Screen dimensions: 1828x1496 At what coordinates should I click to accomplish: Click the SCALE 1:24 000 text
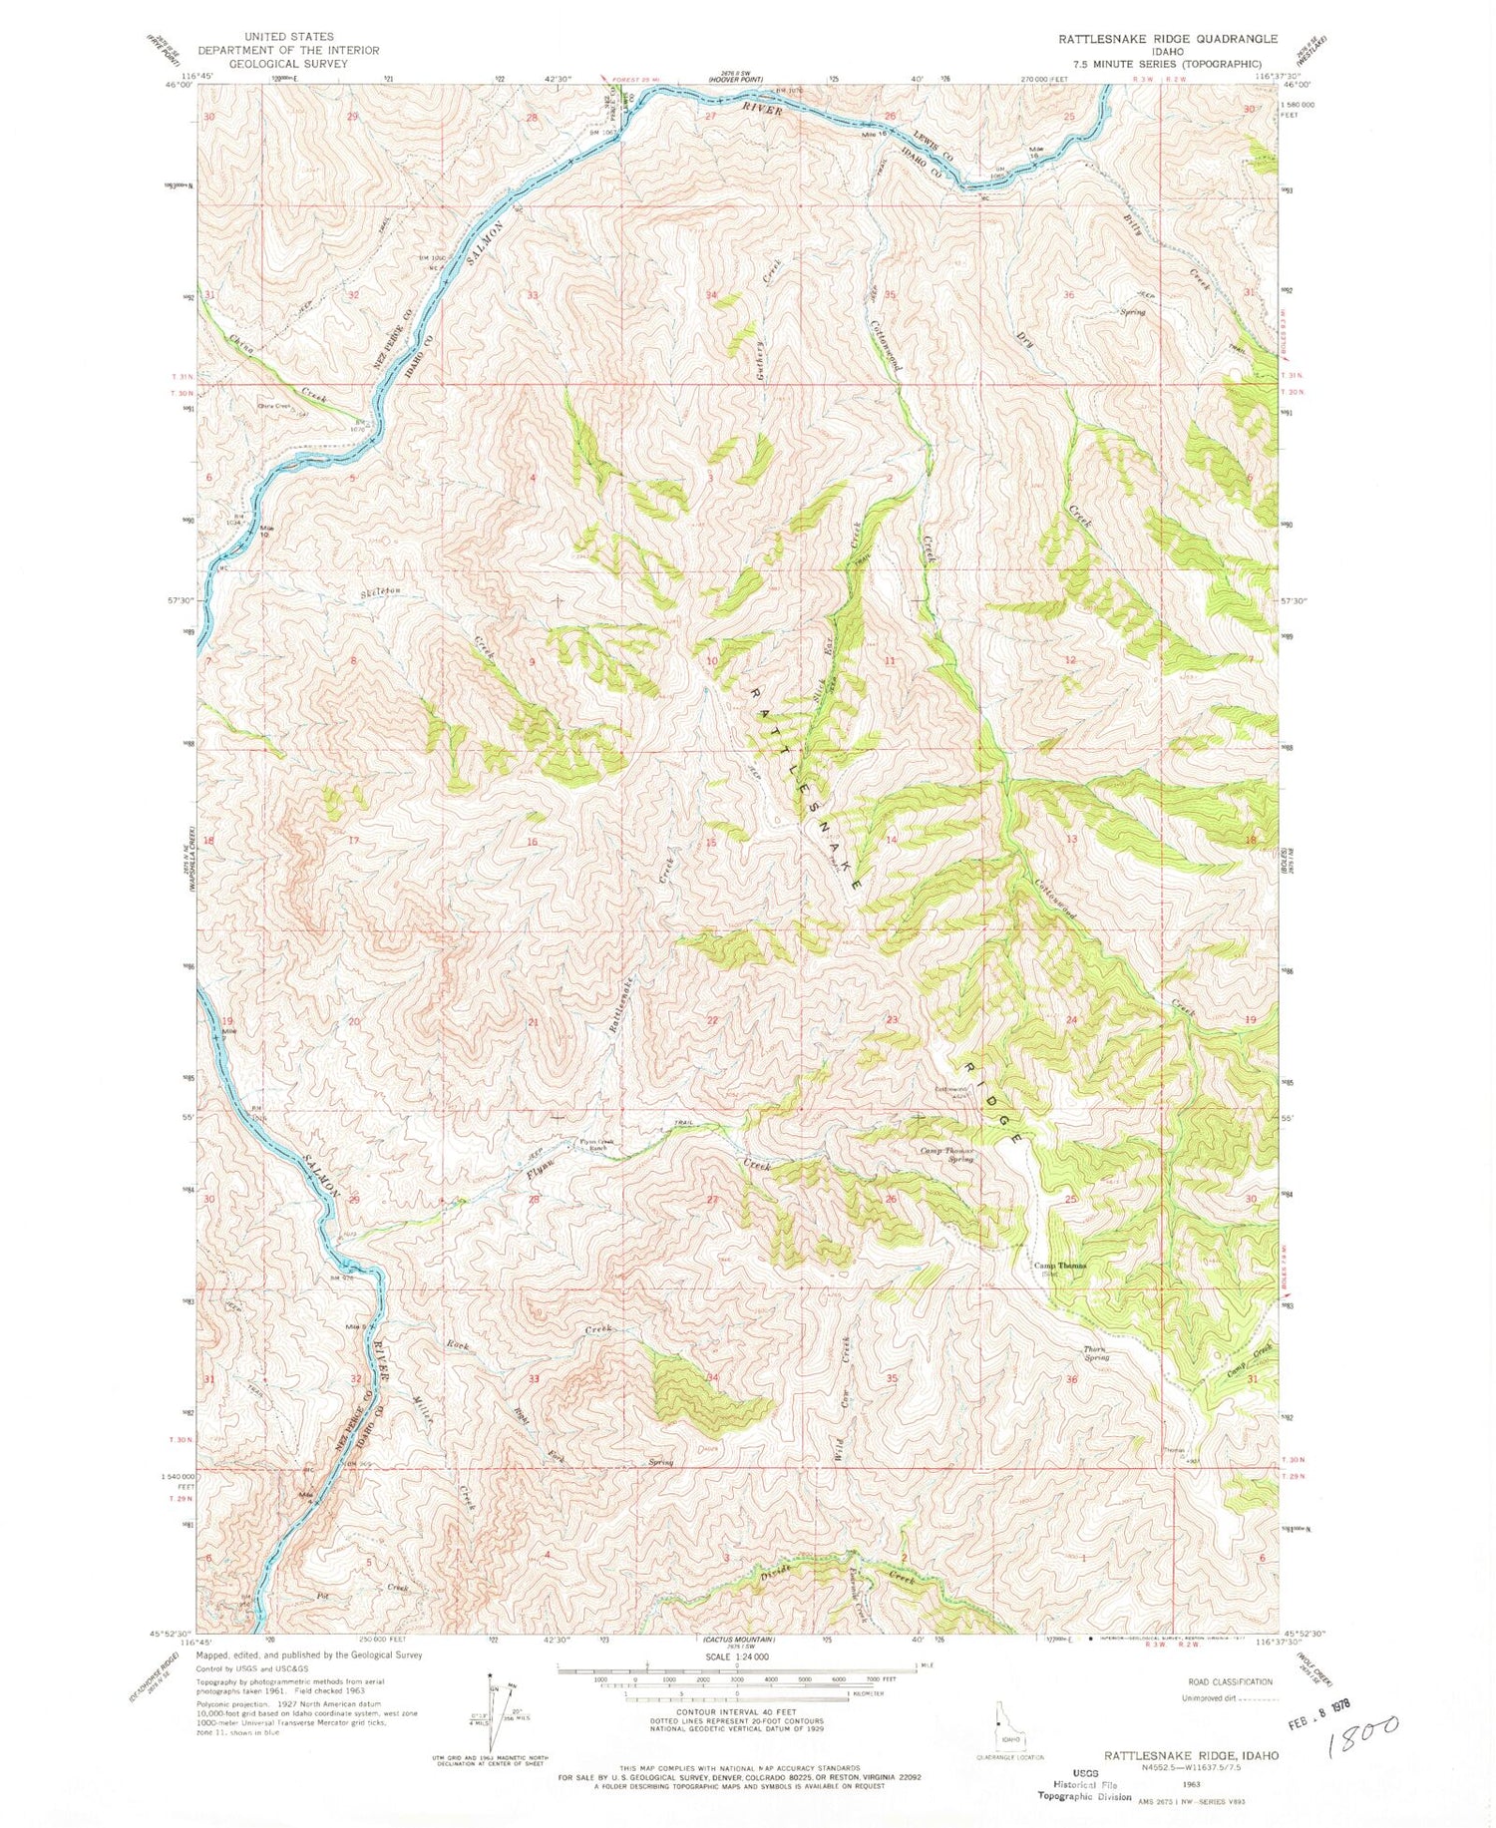(737, 1655)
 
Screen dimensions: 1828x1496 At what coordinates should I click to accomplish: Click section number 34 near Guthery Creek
(711, 296)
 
